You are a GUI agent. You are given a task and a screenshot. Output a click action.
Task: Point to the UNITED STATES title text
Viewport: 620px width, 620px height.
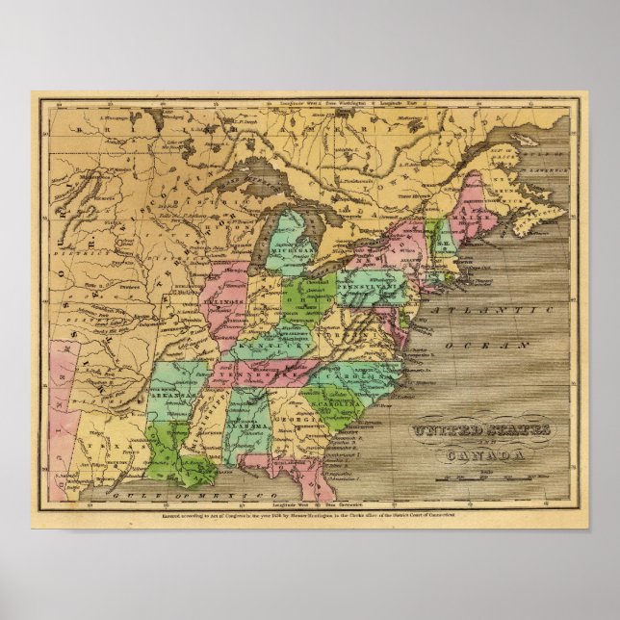point(481,430)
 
